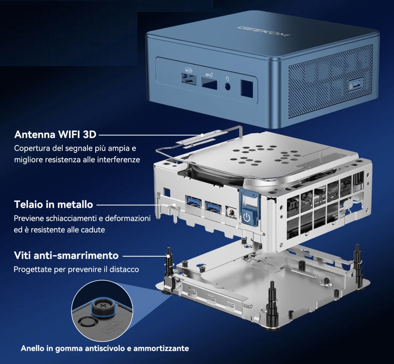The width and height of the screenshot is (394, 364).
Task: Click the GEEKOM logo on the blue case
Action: pos(264,31)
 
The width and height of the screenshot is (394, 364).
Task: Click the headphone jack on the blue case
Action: pos(228,87)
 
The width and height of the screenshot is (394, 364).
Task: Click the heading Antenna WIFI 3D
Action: pos(55,134)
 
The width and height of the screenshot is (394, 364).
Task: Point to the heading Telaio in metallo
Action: pos(53,204)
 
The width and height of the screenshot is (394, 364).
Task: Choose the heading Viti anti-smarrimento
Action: pos(66,255)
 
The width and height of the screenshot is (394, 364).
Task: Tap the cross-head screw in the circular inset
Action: pos(102,306)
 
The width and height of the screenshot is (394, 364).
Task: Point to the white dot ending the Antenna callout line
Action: pos(202,135)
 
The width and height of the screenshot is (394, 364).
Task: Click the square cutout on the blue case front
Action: pos(247,89)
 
